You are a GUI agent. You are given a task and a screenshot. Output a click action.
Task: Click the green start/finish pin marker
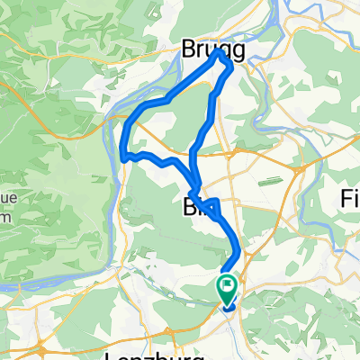[225, 287]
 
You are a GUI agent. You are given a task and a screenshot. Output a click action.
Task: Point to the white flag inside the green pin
[225, 286]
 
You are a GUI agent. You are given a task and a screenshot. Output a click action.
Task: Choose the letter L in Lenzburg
[112, 355]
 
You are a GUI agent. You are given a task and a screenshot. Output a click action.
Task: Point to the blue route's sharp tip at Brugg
[220, 54]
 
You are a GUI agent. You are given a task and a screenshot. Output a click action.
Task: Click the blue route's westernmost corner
[122, 155]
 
